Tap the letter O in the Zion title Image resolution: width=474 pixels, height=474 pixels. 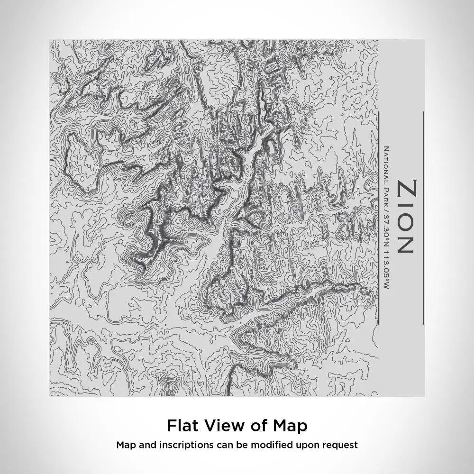pos(407,221)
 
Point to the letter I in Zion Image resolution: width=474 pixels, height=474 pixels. pos(407,205)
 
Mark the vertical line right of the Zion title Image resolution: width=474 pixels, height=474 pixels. pos(423,218)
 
